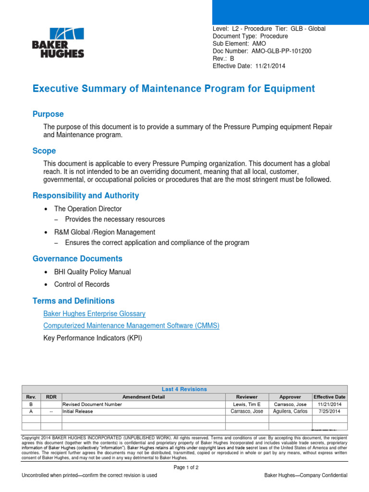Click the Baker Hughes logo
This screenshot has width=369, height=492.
[58, 43]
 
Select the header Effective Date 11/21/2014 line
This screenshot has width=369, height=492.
[249, 66]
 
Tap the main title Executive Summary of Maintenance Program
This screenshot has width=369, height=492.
[173, 89]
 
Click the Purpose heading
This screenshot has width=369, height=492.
[48, 114]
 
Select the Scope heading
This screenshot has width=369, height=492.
[44, 151]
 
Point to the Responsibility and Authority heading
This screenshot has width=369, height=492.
[86, 196]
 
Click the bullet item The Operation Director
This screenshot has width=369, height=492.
[88, 209]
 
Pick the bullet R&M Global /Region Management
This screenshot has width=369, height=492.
[105, 232]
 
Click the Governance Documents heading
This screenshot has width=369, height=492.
[77, 259]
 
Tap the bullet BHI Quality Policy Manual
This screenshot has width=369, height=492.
[92, 272]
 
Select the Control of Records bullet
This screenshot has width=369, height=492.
[82, 284]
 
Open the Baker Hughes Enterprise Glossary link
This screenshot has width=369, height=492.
[94, 314]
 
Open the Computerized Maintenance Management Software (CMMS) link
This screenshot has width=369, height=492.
[131, 326]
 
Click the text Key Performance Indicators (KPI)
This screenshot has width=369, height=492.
[93, 338]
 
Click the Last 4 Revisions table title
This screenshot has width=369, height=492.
[184, 389]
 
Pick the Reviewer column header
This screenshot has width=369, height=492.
[246, 397]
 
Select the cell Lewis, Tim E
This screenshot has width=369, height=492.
[246, 405]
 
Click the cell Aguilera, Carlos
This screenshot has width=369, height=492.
[290, 412]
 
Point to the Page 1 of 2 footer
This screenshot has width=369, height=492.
[185, 467]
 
